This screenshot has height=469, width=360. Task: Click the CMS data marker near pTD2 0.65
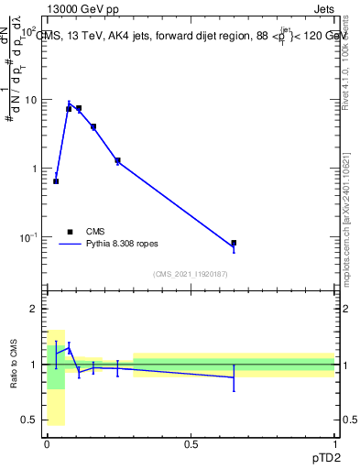pyautogui.click(x=234, y=243)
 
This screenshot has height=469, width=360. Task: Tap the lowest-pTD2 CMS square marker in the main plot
pyautogui.click(x=56, y=181)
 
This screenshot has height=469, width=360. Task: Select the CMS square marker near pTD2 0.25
pyautogui.click(x=117, y=160)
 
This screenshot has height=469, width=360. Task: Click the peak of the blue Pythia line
pyautogui.click(x=69, y=104)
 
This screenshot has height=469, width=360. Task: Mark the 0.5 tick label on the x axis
pyautogui.click(x=191, y=443)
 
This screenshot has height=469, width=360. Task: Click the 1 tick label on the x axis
pyautogui.click(x=334, y=443)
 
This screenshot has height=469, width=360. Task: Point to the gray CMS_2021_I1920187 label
pyautogui.click(x=191, y=274)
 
